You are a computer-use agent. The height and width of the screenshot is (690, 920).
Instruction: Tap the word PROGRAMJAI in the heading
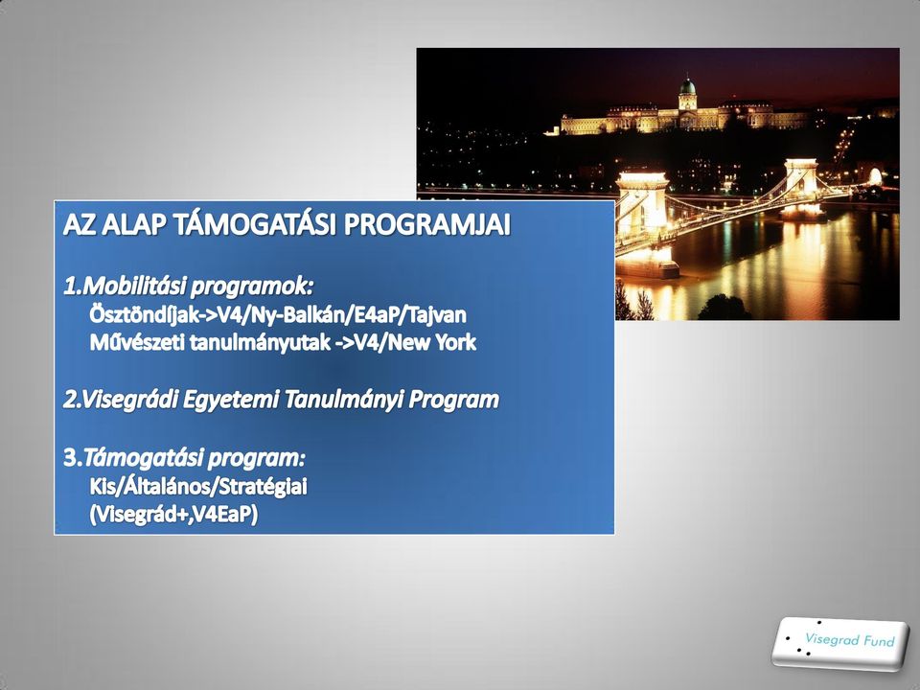coord(426,224)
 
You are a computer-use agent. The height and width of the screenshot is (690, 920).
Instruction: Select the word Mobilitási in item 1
coord(133,287)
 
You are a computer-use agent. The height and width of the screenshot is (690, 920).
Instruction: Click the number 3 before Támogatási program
coord(70,458)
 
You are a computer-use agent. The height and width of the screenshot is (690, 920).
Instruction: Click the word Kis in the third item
coord(103,487)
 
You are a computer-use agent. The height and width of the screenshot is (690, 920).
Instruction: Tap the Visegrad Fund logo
coord(840,644)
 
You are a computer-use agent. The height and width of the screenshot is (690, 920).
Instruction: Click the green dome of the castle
coord(687,87)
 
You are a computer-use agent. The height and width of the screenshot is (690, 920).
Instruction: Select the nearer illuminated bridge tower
coord(643,223)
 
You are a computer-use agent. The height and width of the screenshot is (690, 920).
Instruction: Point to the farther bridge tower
coord(801,187)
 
